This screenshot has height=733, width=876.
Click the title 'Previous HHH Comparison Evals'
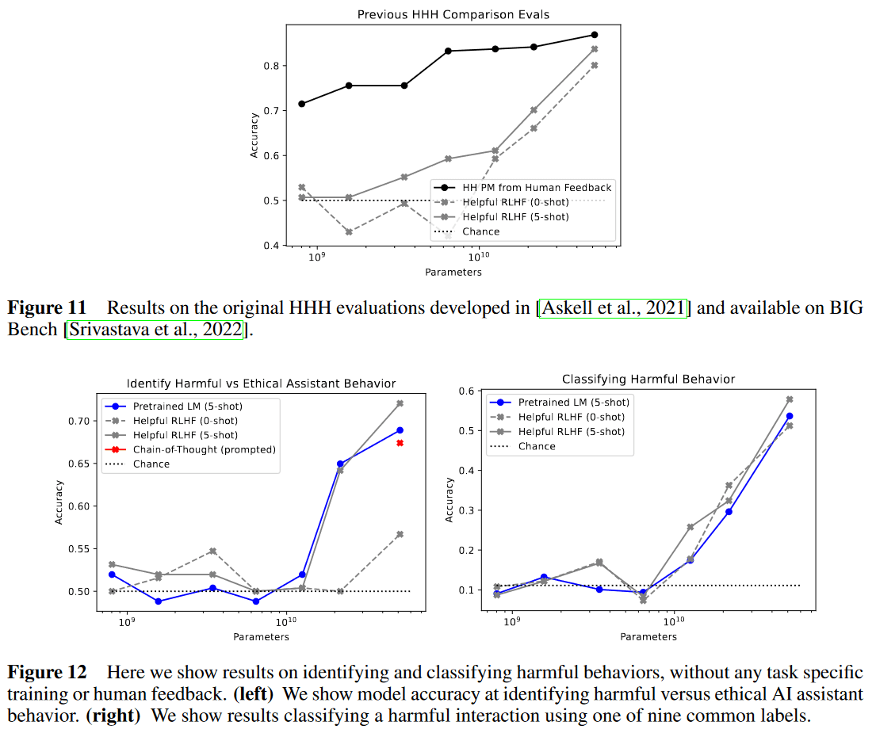tap(453, 14)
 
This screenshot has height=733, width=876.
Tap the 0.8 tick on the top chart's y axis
tap(274, 65)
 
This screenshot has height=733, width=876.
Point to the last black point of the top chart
tap(594, 35)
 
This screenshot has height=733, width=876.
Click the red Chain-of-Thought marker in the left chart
tap(400, 443)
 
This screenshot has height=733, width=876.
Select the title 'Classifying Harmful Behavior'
tap(648, 380)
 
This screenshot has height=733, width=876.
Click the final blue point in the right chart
tap(790, 416)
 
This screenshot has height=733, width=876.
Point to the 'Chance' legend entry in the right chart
tap(537, 446)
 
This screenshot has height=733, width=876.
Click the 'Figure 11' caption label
tap(44, 308)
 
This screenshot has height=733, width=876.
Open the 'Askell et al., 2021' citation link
tap(614, 308)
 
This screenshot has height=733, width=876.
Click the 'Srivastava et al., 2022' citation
tap(159, 329)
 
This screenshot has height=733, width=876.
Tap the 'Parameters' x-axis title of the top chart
tap(453, 272)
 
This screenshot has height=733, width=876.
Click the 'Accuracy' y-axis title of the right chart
tap(449, 499)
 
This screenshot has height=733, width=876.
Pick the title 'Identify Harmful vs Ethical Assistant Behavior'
tap(261, 384)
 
